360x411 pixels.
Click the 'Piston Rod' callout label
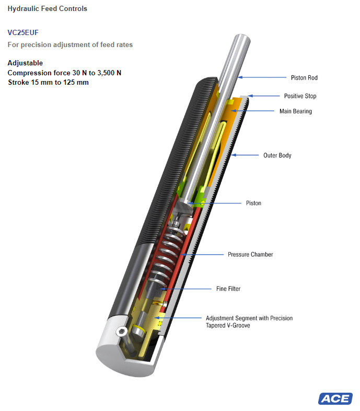point(304,78)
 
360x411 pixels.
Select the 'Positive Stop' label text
point(300,96)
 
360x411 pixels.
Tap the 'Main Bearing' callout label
point(296,111)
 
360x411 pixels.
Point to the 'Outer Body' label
point(277,155)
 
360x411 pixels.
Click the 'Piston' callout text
point(253,203)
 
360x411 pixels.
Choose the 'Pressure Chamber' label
point(250,255)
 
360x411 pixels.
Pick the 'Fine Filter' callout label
point(228,289)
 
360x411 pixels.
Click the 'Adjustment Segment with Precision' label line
point(249,318)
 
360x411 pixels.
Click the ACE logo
point(335,398)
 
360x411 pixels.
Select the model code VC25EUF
point(23,32)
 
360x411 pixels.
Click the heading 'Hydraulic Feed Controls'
point(48,9)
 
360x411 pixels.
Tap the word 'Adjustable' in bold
point(25,63)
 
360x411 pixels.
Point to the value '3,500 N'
point(109,73)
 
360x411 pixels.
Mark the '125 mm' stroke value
point(76,82)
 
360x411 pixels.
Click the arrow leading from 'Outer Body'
point(245,155)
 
